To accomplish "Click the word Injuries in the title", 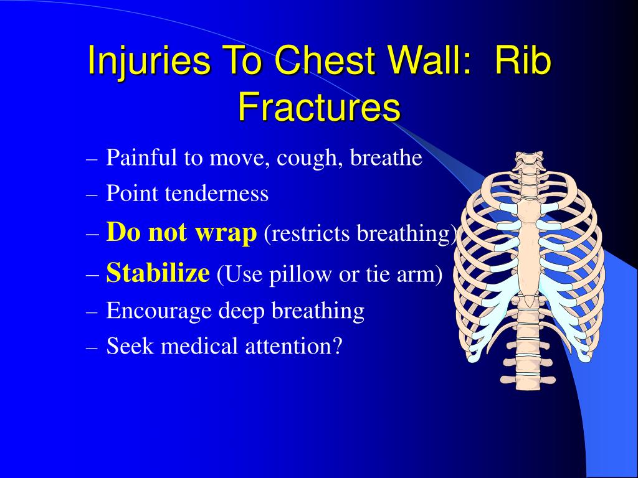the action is coord(149,61).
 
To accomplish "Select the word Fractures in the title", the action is coord(319,106).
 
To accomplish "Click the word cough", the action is coord(310,157).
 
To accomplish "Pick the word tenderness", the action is coord(216,193).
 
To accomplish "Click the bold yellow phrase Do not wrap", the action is coord(181,232).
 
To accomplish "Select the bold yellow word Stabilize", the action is coord(158,272).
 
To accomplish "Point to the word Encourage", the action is coord(159,311).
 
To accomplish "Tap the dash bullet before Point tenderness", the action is coord(92,195).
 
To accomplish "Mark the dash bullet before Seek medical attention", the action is coord(92,348).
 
